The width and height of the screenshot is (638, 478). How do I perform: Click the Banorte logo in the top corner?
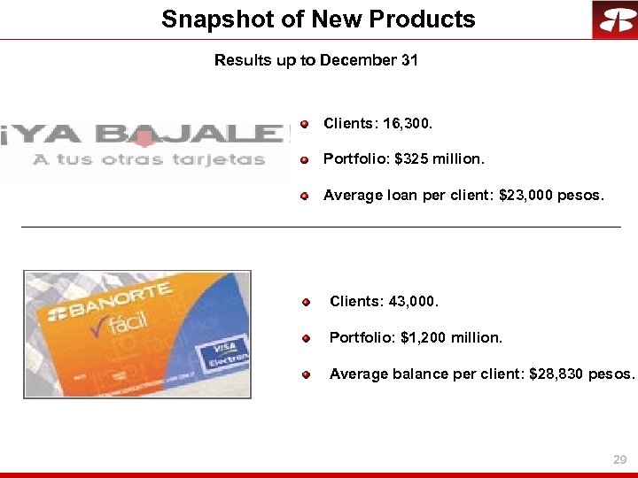point(614,19)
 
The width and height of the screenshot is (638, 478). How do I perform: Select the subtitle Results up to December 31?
point(316,61)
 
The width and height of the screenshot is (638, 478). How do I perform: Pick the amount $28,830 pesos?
point(581,374)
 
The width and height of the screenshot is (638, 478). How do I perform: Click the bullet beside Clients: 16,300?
point(304,124)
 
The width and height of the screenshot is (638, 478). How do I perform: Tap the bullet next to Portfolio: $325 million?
point(304,160)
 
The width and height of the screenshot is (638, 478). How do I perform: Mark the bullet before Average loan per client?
point(304,196)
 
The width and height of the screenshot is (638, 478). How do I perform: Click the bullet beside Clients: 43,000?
point(306,303)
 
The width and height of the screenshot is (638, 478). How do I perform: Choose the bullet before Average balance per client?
point(306,374)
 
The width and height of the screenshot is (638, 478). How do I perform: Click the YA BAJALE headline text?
point(146,135)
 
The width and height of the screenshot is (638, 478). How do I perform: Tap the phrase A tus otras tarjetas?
point(149,160)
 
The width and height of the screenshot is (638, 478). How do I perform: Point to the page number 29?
point(620,460)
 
